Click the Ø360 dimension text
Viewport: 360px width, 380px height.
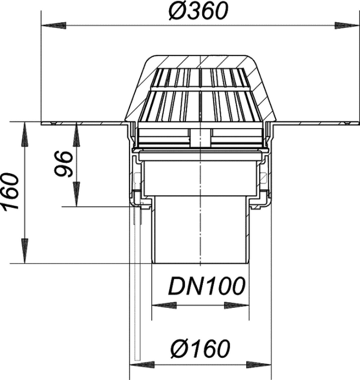pos(198,11)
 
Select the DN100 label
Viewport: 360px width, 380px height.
pos(207,286)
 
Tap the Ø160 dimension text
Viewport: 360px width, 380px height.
pos(201,349)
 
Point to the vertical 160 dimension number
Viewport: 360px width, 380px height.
pos(10,192)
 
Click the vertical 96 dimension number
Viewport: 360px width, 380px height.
pos(63,164)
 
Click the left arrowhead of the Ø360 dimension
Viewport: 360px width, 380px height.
pos(54,26)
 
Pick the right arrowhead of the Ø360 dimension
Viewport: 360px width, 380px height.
pos(347,26)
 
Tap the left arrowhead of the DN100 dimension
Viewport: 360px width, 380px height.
pos(164,305)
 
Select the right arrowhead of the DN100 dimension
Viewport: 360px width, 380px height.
pos(236,305)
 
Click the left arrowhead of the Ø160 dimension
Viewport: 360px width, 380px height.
pos(142,364)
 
